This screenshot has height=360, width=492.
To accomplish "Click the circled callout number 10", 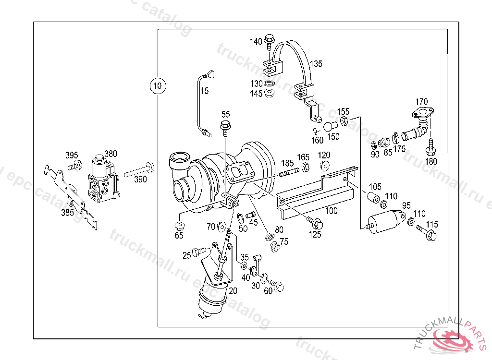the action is click(158, 85).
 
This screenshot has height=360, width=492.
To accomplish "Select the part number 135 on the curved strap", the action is click(316, 64).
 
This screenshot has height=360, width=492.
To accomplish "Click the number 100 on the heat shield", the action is click(332, 211).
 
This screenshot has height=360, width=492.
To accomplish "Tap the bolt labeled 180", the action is click(431, 146).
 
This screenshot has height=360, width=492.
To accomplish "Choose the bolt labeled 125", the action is click(315, 223).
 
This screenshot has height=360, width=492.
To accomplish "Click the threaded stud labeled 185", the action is click(289, 172).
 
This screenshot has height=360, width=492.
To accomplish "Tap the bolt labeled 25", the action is click(199, 251).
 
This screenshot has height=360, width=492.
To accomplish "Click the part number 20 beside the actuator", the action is click(233, 291).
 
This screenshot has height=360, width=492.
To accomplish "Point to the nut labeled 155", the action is click(344, 121).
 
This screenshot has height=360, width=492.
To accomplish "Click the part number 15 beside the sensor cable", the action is click(204, 91).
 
